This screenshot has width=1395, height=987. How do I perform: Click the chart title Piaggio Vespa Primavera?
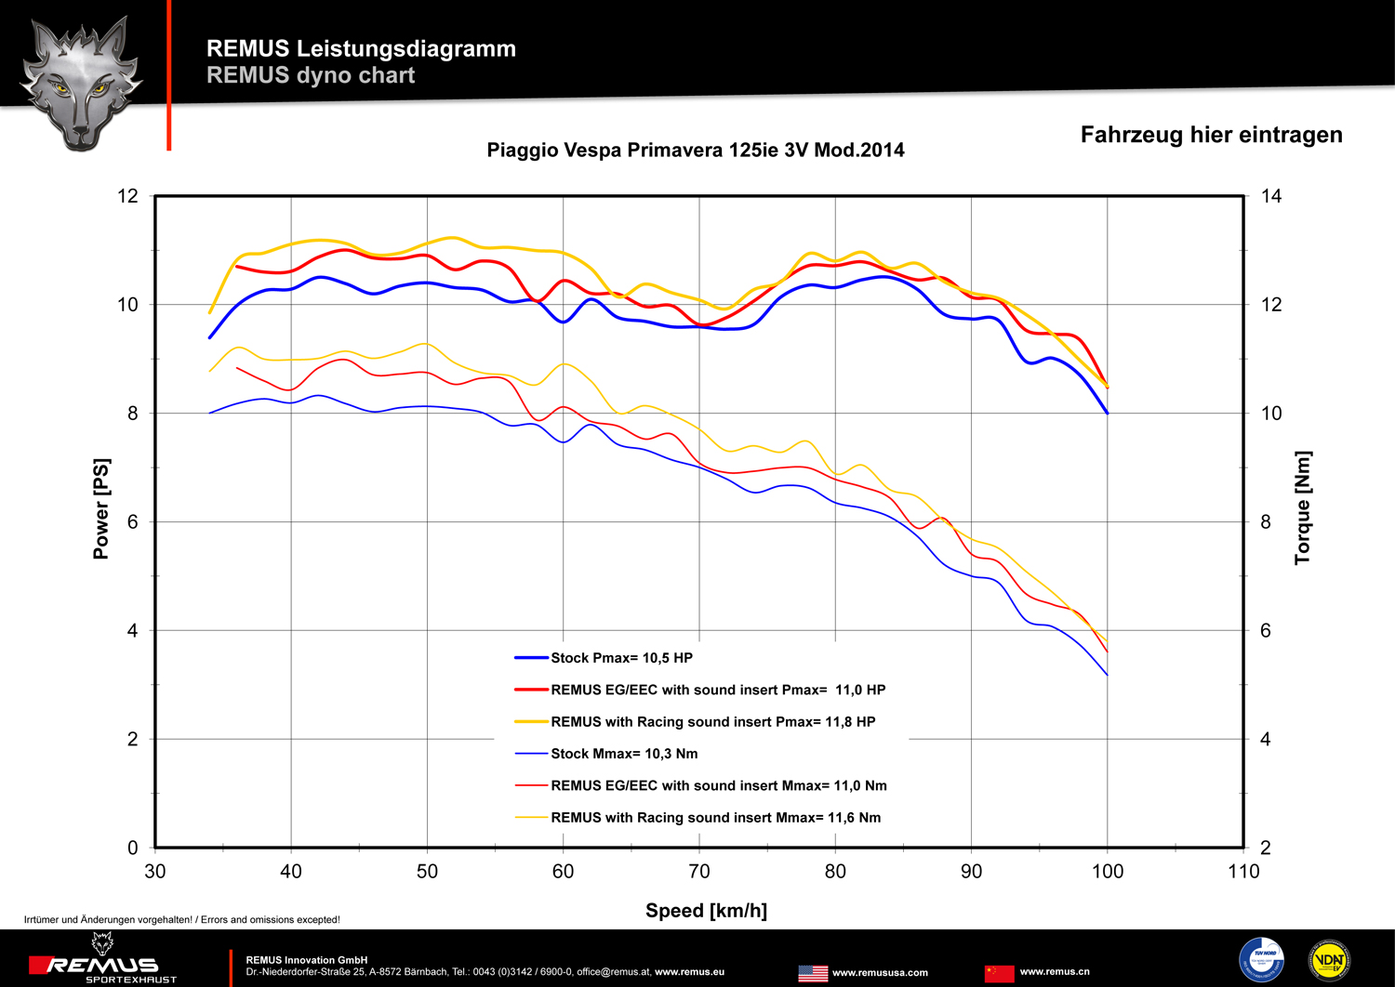click(695, 151)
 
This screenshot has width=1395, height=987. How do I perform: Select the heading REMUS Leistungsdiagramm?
click(361, 48)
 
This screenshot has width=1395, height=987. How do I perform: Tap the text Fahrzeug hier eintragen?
click(1211, 135)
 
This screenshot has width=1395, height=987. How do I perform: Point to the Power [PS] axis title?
click(101, 508)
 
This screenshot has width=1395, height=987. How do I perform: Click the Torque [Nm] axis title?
click(1303, 507)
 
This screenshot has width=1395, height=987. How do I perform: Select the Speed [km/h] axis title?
click(706, 911)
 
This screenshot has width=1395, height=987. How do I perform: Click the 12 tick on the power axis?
click(127, 196)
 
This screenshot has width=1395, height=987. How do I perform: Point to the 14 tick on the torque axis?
click(1270, 196)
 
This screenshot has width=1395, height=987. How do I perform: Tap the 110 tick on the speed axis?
click(1243, 872)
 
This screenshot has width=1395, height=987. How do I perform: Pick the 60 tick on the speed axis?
click(563, 872)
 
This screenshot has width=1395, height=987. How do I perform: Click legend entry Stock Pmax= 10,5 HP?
click(621, 658)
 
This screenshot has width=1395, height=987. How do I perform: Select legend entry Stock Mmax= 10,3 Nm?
click(623, 754)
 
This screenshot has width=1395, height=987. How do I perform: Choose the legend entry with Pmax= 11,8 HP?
click(712, 722)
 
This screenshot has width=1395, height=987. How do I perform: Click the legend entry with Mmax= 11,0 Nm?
click(718, 785)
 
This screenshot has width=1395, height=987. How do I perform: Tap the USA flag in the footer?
click(813, 973)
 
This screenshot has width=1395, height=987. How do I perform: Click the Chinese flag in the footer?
click(999, 973)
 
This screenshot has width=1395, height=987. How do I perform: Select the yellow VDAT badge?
click(1329, 960)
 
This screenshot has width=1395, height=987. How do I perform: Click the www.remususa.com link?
click(880, 973)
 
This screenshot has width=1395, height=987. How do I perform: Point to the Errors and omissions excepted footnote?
click(182, 920)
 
